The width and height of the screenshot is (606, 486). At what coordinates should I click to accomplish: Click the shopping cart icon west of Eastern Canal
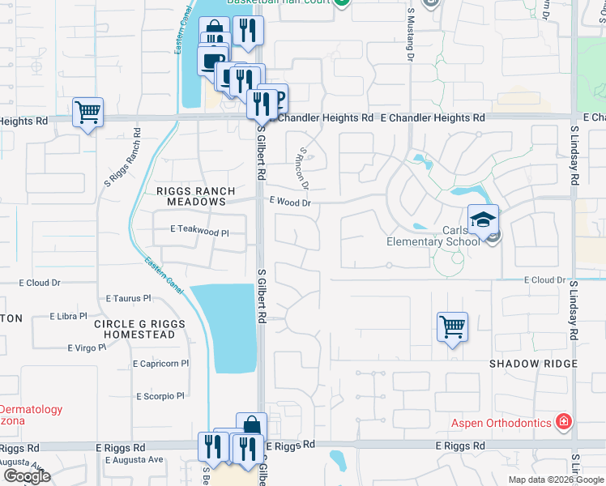(x=87, y=112)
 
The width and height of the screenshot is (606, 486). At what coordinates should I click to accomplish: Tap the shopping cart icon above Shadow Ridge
(x=452, y=327)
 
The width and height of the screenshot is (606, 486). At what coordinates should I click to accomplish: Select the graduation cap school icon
(x=483, y=220)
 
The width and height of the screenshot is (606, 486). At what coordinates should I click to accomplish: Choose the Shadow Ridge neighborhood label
(x=533, y=364)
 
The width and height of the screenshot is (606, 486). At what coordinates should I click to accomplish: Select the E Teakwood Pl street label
(x=200, y=231)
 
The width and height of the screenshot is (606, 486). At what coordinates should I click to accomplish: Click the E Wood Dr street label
(x=289, y=202)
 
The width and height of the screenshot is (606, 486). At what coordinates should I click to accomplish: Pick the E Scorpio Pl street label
(x=160, y=396)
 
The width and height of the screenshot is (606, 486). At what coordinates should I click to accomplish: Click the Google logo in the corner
(x=26, y=476)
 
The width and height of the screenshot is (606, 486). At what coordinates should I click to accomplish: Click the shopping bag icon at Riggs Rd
(x=251, y=426)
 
